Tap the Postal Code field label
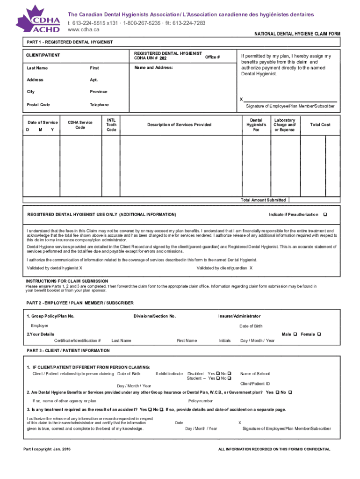click(x=38, y=105)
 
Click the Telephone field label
click(x=99, y=105)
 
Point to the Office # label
click(x=212, y=57)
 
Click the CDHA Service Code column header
click(x=80, y=125)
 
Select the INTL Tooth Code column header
click(x=111, y=125)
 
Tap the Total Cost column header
click(x=320, y=125)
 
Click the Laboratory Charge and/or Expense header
click(x=284, y=125)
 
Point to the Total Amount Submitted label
click(x=263, y=200)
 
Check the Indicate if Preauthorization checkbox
click(x=325, y=214)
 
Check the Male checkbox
click(x=295, y=334)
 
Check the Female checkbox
click(x=319, y=334)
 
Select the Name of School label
click(x=255, y=373)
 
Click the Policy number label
click(x=201, y=401)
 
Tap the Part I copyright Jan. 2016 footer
click(x=47, y=449)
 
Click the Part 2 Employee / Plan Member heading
click(x=80, y=303)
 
